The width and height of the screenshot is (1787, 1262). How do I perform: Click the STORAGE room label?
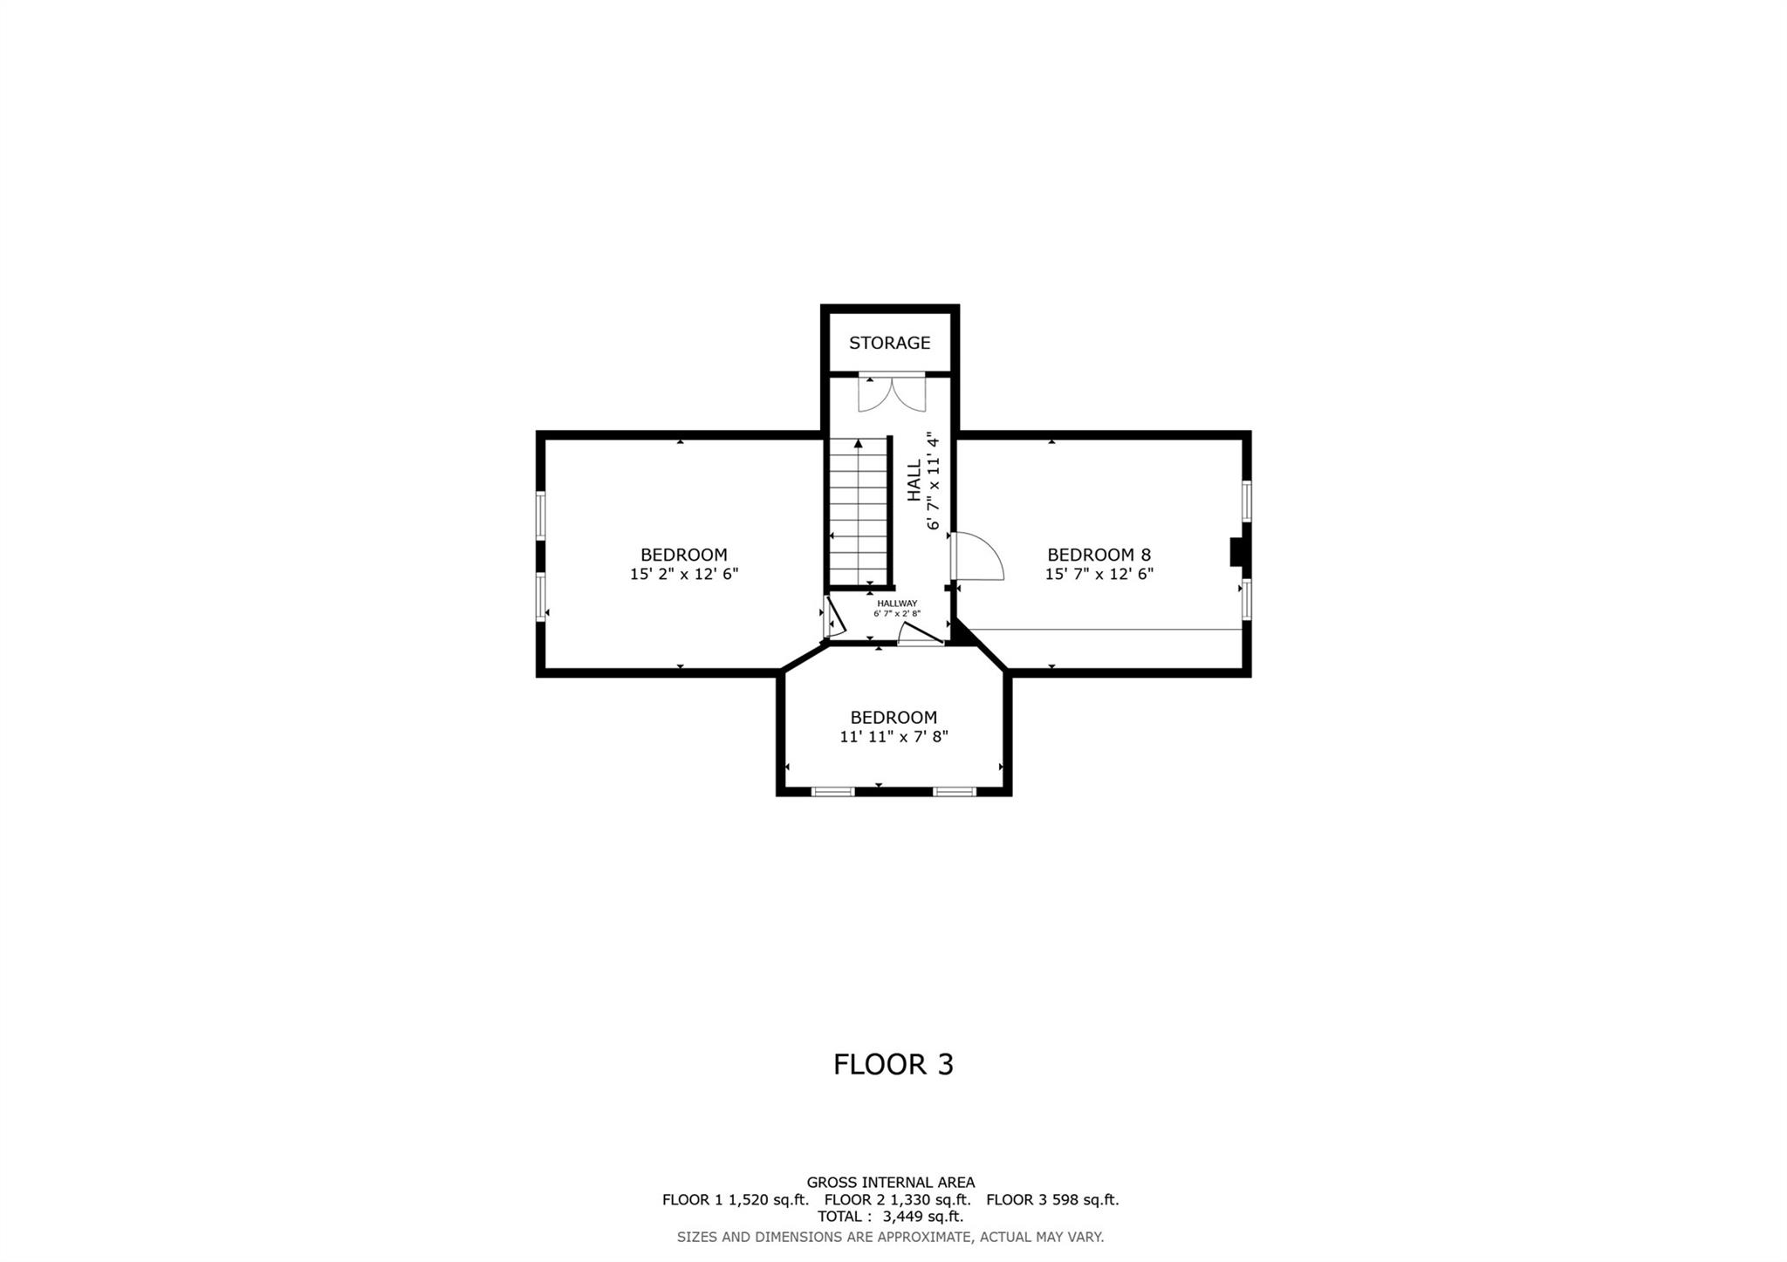point(889,343)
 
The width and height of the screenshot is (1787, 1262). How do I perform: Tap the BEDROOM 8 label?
point(1099,555)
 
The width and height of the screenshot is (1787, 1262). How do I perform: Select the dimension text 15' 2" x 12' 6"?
point(684,574)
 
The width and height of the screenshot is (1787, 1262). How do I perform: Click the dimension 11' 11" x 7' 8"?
point(893,737)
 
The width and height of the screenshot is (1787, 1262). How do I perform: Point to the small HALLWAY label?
point(897,604)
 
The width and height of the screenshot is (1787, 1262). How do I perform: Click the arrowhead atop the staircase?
point(859,443)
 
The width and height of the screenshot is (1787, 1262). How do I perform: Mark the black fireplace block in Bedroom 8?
point(1236,552)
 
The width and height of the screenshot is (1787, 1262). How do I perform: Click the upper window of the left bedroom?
point(541,515)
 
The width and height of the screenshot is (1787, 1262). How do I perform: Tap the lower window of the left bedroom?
point(541,597)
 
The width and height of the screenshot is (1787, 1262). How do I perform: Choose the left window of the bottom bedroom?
point(832,792)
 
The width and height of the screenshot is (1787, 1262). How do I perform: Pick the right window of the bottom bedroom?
point(954,792)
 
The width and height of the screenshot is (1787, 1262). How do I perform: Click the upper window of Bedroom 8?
point(1247,501)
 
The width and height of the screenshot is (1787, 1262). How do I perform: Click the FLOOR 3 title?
point(893,1065)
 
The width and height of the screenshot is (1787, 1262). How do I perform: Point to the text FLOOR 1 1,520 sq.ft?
point(736,1199)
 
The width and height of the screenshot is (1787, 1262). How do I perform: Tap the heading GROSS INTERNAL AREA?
point(890,1183)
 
